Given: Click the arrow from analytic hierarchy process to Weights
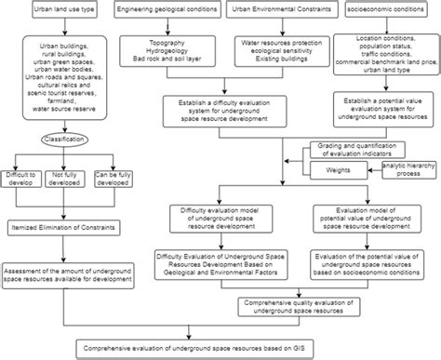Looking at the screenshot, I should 372,170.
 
